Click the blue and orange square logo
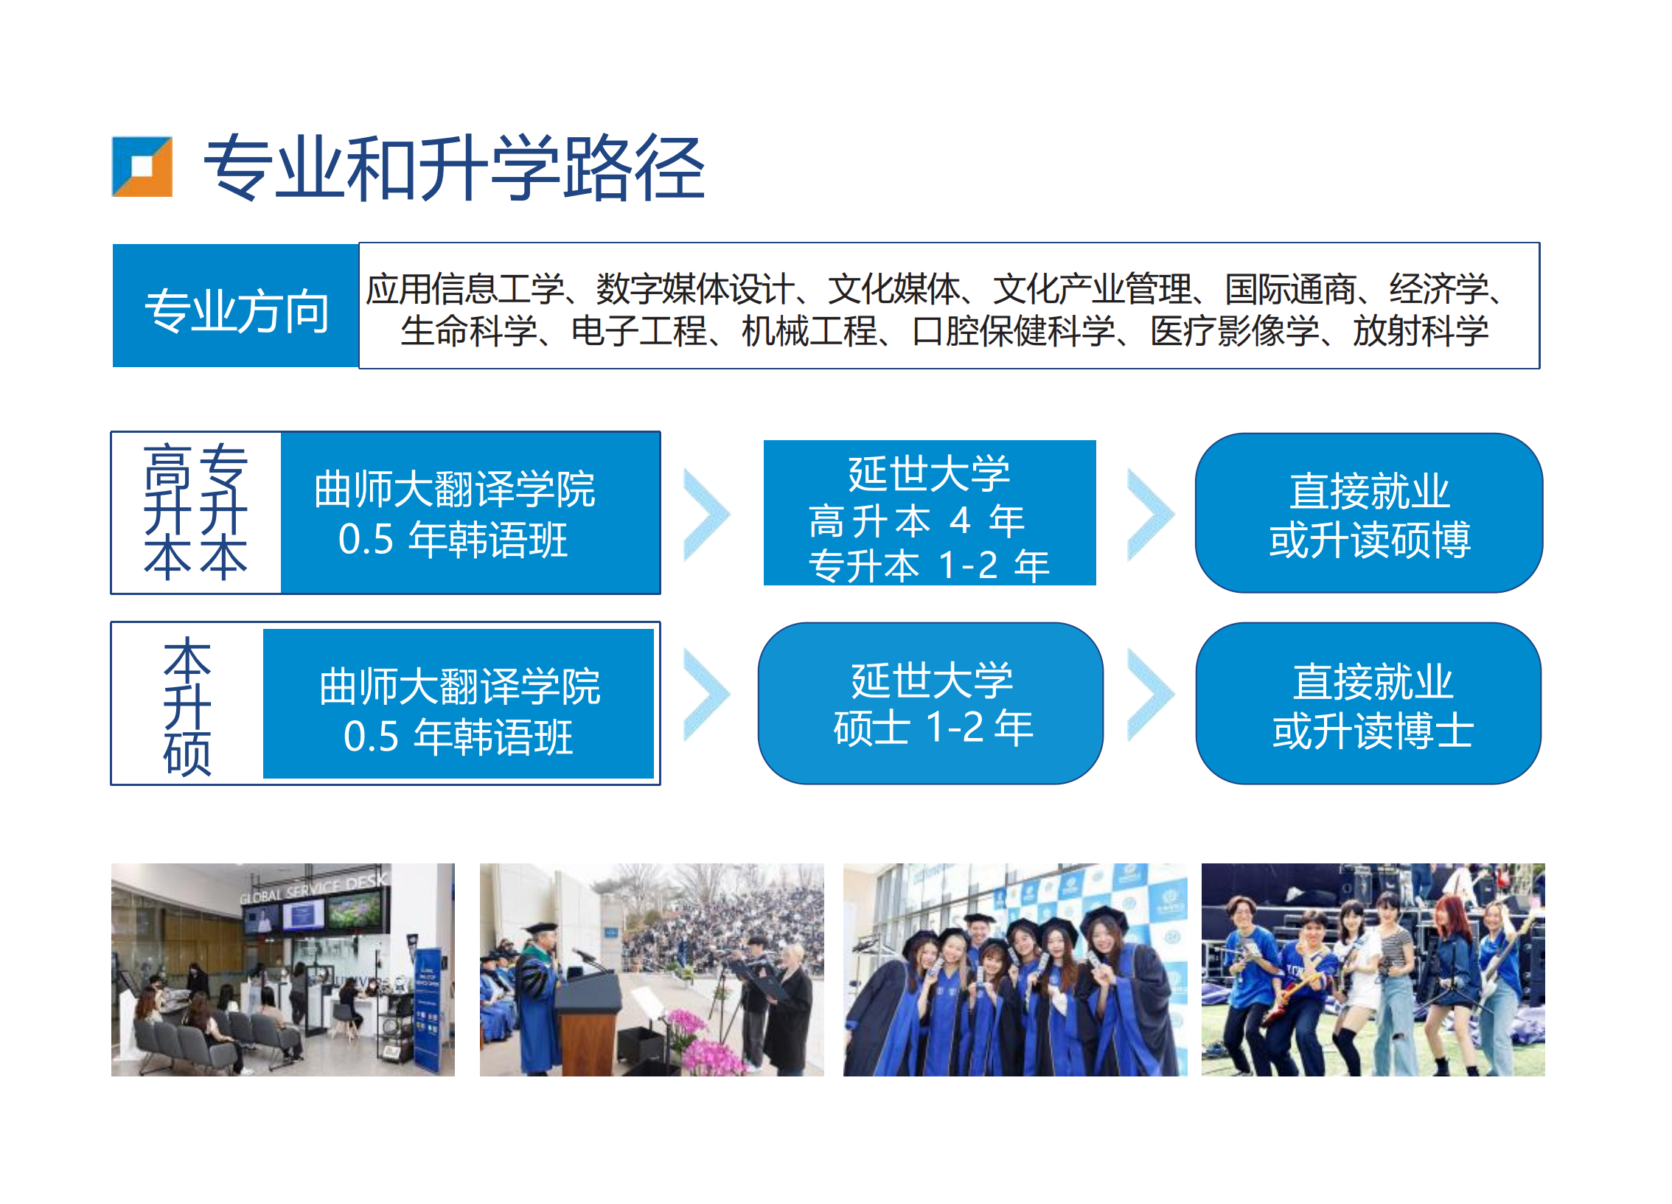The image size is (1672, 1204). pos(142,167)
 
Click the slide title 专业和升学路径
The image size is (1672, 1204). pos(454,168)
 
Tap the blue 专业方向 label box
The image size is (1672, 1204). pos(236,306)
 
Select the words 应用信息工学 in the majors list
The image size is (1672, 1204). pos(465,288)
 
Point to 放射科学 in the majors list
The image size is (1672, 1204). pos(1421,331)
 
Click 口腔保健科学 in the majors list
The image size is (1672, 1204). pos(1014,331)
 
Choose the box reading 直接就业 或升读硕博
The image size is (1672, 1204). pos(1369,513)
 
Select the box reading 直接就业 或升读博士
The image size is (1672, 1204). pos(1369,703)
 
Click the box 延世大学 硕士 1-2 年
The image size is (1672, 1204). pos(930,703)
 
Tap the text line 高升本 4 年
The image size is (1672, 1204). pos(916,521)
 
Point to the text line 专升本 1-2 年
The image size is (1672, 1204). pos(929,566)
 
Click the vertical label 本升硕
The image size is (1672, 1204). pos(187,706)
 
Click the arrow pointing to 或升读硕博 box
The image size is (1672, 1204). pos(1150,514)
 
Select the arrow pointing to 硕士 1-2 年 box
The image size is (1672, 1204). pos(706,695)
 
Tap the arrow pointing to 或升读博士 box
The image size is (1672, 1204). pos(1150,695)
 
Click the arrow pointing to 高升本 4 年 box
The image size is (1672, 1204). pos(706,514)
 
